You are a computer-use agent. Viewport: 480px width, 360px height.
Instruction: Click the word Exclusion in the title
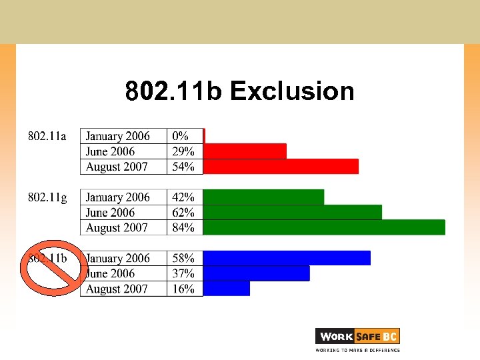pos(292,91)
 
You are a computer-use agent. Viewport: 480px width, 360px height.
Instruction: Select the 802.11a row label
pos(47,136)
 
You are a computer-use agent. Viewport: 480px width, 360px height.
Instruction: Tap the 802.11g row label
pos(47,197)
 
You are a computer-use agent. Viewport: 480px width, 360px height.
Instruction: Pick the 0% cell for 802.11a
pos(181,136)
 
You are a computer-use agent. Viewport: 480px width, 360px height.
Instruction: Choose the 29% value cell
pos(183,151)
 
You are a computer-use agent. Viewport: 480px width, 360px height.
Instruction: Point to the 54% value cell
pos(183,167)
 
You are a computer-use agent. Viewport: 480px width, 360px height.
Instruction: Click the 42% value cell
pos(183,197)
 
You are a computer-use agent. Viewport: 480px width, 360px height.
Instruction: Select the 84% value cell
pos(183,228)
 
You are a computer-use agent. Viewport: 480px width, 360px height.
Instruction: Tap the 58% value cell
pos(183,259)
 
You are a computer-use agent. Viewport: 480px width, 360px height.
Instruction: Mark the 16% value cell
pos(183,289)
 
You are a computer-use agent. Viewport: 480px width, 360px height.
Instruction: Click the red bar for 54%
pos(281,167)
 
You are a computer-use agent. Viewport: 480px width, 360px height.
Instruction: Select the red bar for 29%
pos(245,151)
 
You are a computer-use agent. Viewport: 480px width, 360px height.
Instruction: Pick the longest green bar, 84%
pos(324,227)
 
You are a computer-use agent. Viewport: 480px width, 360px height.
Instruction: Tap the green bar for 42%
pos(263,197)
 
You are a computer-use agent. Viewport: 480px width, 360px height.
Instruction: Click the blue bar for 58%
pos(287,258)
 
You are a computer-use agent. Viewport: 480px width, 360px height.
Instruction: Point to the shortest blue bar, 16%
pos(227,289)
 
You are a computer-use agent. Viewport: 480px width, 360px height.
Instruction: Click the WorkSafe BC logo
pos(357,339)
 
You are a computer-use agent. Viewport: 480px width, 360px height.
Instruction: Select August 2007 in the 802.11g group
pos(117,228)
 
